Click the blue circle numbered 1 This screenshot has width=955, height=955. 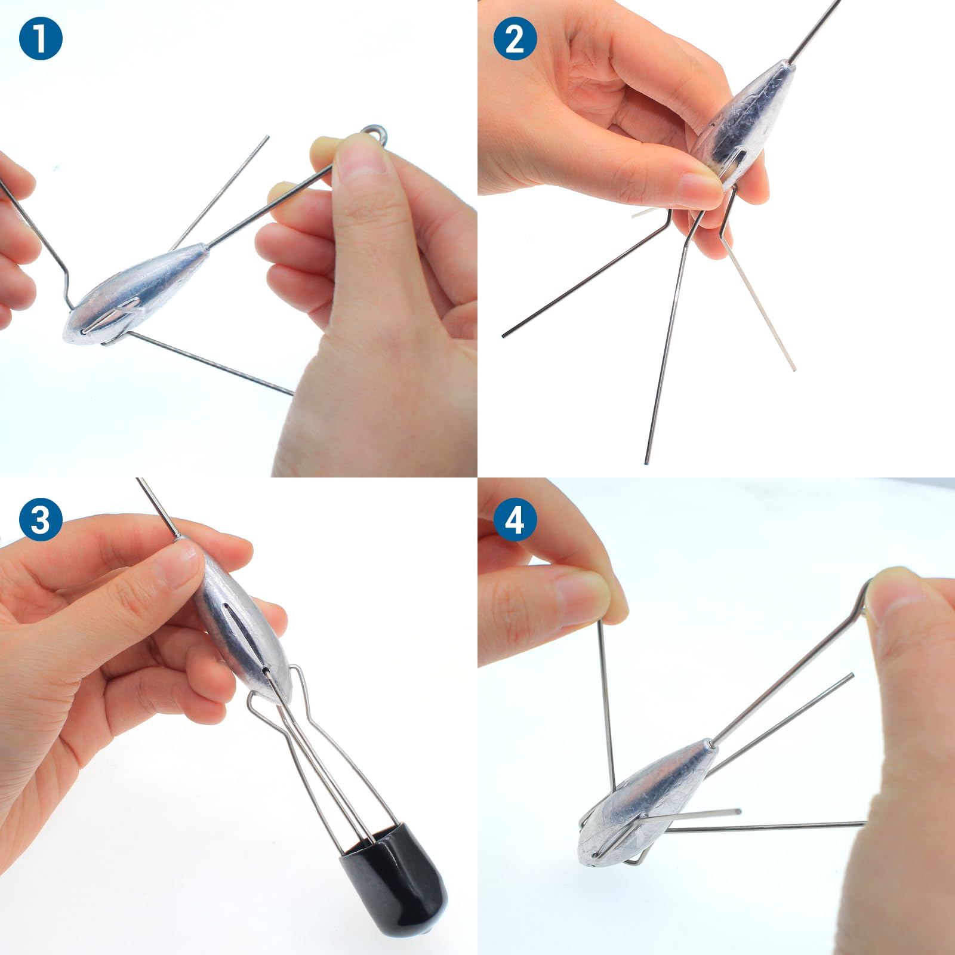pyautogui.click(x=41, y=38)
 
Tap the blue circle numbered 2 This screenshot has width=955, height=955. pyautogui.click(x=515, y=38)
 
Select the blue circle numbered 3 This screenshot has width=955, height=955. pyautogui.click(x=41, y=519)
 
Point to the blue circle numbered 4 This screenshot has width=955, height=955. pyautogui.click(x=515, y=519)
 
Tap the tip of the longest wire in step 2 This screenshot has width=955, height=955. pyautogui.click(x=647, y=463)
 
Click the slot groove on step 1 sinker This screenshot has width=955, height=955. pyautogui.click(x=113, y=316)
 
